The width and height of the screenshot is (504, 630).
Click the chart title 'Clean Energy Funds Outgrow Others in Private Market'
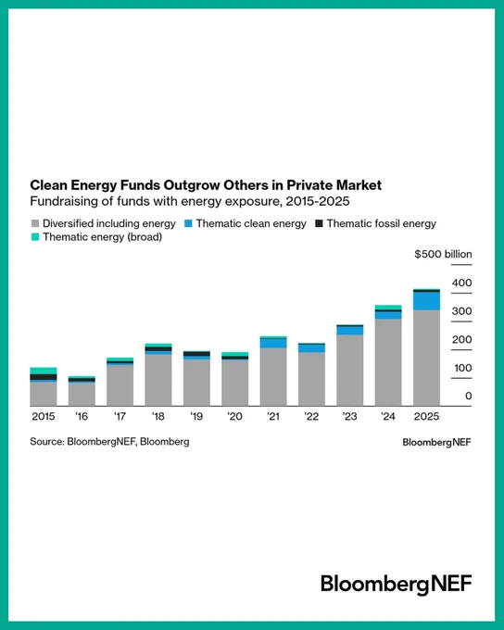click(206, 185)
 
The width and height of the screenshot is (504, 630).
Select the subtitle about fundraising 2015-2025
click(190, 201)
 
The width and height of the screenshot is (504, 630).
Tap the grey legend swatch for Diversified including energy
click(35, 223)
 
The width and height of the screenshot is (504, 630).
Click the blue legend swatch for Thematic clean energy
click(188, 223)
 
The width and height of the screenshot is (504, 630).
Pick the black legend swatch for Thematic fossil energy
click(319, 223)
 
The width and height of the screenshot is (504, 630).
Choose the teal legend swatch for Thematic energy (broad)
click(35, 237)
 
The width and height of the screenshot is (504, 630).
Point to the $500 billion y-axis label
click(443, 255)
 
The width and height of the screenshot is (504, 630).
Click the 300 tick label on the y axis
click(461, 311)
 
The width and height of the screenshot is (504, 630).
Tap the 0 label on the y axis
click(468, 397)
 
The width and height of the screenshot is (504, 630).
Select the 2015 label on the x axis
click(44, 416)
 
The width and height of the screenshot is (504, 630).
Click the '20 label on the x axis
click(234, 416)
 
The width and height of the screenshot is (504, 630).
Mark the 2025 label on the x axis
click(426, 416)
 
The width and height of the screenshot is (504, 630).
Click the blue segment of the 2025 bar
click(426, 300)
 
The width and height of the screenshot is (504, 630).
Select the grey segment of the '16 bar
click(82, 394)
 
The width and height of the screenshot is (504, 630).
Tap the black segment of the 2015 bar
click(44, 377)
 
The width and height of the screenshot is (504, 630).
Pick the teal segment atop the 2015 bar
click(44, 371)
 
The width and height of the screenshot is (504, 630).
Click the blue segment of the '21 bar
click(273, 343)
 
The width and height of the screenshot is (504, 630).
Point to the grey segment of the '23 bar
click(349, 371)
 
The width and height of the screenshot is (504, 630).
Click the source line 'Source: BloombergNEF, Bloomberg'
click(109, 442)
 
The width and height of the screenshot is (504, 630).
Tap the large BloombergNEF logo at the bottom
click(397, 585)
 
